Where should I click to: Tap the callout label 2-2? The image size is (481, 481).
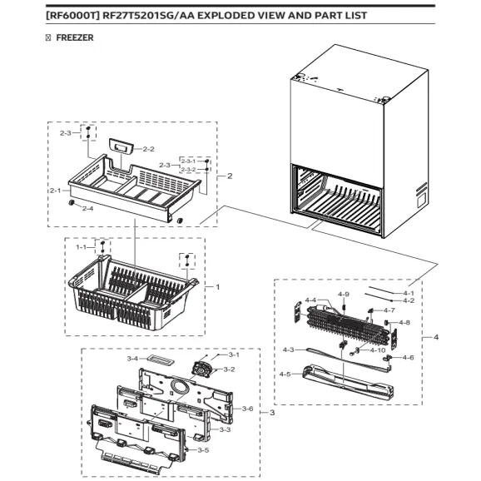click(150, 149)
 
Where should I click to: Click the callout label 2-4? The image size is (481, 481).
click(87, 208)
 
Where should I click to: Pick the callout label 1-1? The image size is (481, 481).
click(82, 247)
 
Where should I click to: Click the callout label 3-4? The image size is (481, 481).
click(132, 358)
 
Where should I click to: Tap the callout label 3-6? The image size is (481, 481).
click(247, 409)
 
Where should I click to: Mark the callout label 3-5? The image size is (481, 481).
click(204, 449)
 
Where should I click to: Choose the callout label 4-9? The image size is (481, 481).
click(344, 294)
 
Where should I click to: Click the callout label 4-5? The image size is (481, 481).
click(287, 374)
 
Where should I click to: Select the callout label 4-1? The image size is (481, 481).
click(408, 293)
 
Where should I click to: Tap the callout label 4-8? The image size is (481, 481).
click(404, 322)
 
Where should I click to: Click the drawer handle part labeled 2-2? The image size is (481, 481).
click(123, 146)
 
